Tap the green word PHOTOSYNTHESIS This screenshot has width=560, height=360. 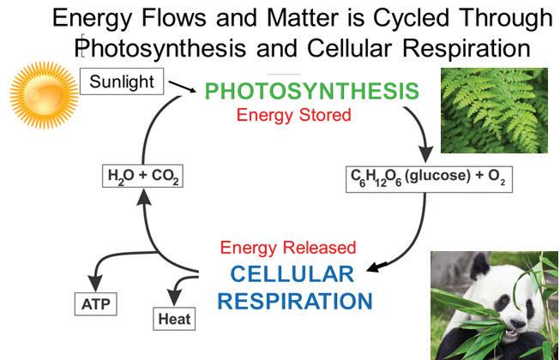(x=312, y=90)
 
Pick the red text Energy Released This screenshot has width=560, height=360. (x=287, y=248)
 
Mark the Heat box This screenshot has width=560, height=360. (x=173, y=319)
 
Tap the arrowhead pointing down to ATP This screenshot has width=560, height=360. (x=92, y=285)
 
